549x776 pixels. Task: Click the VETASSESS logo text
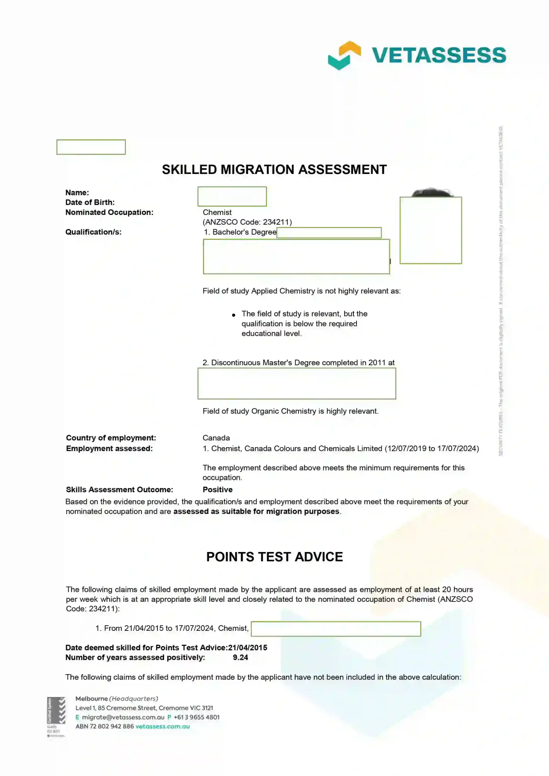(439, 55)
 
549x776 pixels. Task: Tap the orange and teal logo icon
(344, 55)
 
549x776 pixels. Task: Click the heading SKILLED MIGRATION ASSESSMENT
(274, 169)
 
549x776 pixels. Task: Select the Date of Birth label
(90, 202)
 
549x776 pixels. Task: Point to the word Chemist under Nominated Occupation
(217, 212)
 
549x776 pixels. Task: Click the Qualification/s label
(93, 232)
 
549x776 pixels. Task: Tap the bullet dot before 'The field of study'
(234, 315)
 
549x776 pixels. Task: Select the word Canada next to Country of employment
(216, 438)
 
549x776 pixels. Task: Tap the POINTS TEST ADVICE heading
(274, 557)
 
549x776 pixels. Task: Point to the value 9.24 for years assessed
(240, 657)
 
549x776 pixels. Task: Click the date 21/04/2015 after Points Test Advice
(247, 647)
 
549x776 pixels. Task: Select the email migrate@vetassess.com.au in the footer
(123, 717)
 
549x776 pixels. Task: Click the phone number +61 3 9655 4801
(197, 717)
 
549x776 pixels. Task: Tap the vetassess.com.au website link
(162, 726)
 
